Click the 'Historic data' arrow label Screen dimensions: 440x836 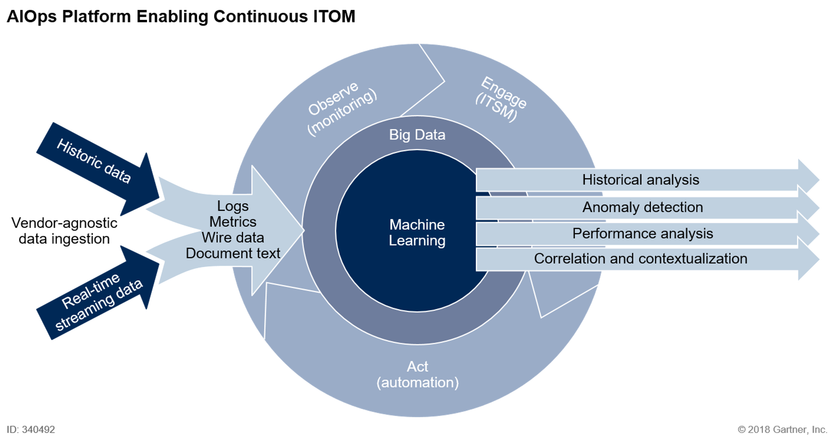point(94,161)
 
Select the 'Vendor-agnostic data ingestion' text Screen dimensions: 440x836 point(64,231)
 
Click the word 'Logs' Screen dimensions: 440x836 point(233,206)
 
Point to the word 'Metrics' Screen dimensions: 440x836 point(233,222)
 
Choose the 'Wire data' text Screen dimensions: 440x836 point(233,238)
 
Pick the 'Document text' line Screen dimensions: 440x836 point(233,253)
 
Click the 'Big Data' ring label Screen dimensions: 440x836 point(417,135)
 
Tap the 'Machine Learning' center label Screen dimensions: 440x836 point(417,232)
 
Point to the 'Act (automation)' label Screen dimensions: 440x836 point(417,374)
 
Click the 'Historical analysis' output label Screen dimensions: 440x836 point(640,180)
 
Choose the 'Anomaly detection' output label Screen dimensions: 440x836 point(642,207)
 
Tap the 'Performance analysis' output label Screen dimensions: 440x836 point(642,234)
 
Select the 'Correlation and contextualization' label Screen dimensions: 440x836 point(640,259)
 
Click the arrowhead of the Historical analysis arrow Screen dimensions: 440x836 point(808,178)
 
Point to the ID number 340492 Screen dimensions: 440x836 point(38,430)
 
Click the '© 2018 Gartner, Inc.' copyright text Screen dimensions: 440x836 point(782,430)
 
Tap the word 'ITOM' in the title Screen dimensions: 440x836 point(332,16)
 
